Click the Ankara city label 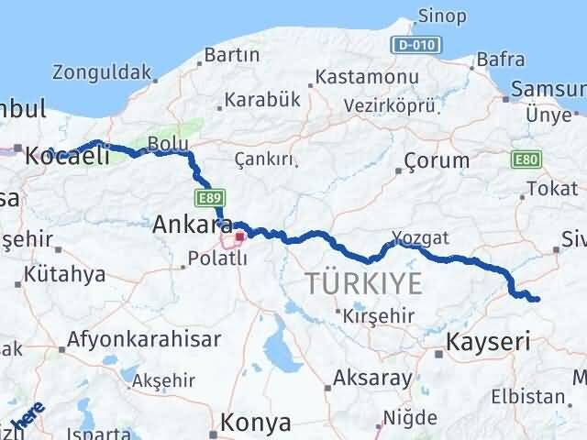[x=191, y=224]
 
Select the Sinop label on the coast [x=441, y=16]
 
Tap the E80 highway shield [x=526, y=160]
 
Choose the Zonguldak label [x=101, y=71]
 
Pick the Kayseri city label [x=488, y=343]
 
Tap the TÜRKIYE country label [x=364, y=283]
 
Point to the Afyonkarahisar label [x=144, y=339]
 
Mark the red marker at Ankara [x=239, y=236]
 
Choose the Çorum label [x=437, y=160]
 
